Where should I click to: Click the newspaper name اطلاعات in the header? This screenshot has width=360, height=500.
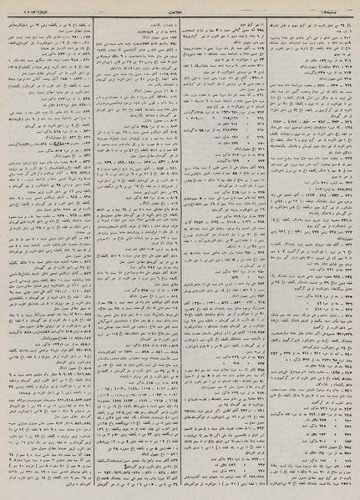tap(181, 9)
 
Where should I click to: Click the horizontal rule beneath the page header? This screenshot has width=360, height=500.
tap(180, 15)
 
